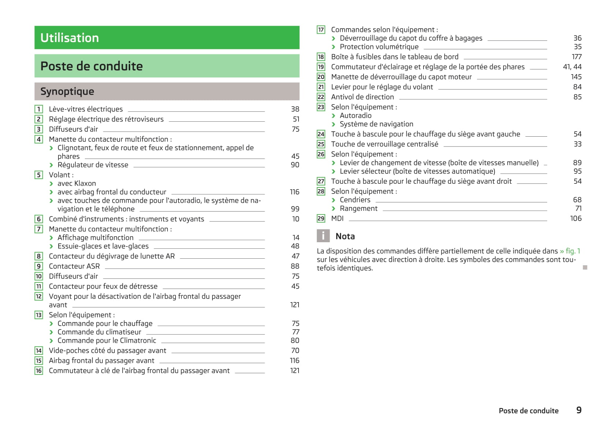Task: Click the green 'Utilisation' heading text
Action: [x=69, y=38]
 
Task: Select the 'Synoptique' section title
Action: [x=67, y=91]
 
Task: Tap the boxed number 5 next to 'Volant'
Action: [x=39, y=175]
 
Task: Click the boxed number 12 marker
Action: [x=39, y=296]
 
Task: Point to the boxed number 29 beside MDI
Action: [x=321, y=218]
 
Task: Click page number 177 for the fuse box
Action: [x=576, y=57]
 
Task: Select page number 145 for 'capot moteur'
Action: [x=576, y=77]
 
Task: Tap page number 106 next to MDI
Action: [x=576, y=218]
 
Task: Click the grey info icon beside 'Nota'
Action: [x=323, y=236]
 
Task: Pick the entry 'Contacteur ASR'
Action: [x=74, y=266]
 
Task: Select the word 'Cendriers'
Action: [x=355, y=200]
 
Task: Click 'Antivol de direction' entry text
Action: [x=362, y=97]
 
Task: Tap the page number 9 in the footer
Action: [x=579, y=410]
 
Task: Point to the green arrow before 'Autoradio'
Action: [x=334, y=116]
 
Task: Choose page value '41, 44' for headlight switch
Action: [x=572, y=67]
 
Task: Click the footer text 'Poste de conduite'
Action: [x=529, y=411]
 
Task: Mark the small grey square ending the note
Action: [x=585, y=267]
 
